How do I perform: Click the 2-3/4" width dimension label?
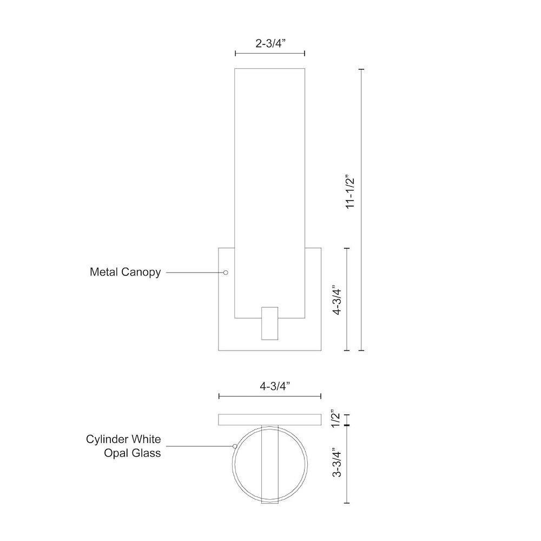point(270,43)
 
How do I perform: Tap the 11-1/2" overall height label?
point(350,193)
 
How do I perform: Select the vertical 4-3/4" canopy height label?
point(337,300)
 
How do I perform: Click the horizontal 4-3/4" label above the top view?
point(275,386)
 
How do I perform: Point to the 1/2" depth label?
point(335,419)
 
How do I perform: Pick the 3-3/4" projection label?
point(337,462)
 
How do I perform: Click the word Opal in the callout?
point(116,453)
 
